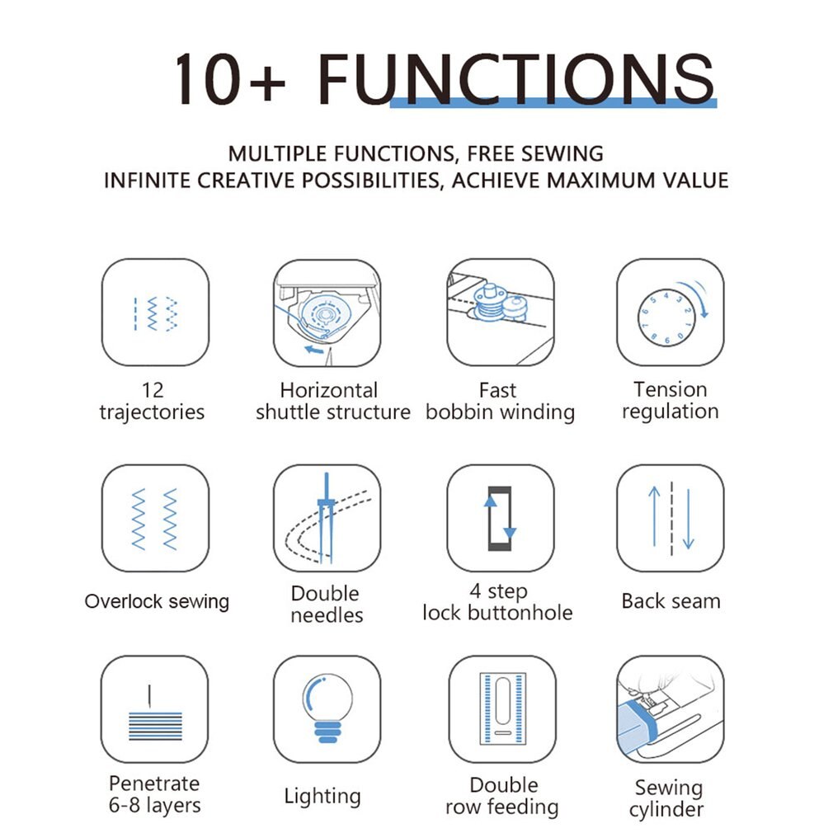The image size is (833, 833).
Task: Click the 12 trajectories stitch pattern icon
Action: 155,312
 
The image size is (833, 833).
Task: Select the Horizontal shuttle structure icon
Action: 327,312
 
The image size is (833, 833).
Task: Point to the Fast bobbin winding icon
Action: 500,312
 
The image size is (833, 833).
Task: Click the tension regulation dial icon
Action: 670,312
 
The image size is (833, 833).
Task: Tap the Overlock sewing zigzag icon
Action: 155,518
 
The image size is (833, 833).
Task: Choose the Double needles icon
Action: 327,518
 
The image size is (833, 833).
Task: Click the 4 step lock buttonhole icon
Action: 500,518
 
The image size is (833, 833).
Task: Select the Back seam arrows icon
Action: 670,518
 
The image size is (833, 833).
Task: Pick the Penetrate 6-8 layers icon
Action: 154,709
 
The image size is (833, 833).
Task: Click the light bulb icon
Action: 327,709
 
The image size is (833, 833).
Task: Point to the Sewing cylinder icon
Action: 670,709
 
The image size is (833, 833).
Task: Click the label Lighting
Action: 322,797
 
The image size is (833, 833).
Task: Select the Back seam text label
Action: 671,601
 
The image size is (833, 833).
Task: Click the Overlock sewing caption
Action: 157,601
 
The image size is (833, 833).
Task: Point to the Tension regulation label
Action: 670,400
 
